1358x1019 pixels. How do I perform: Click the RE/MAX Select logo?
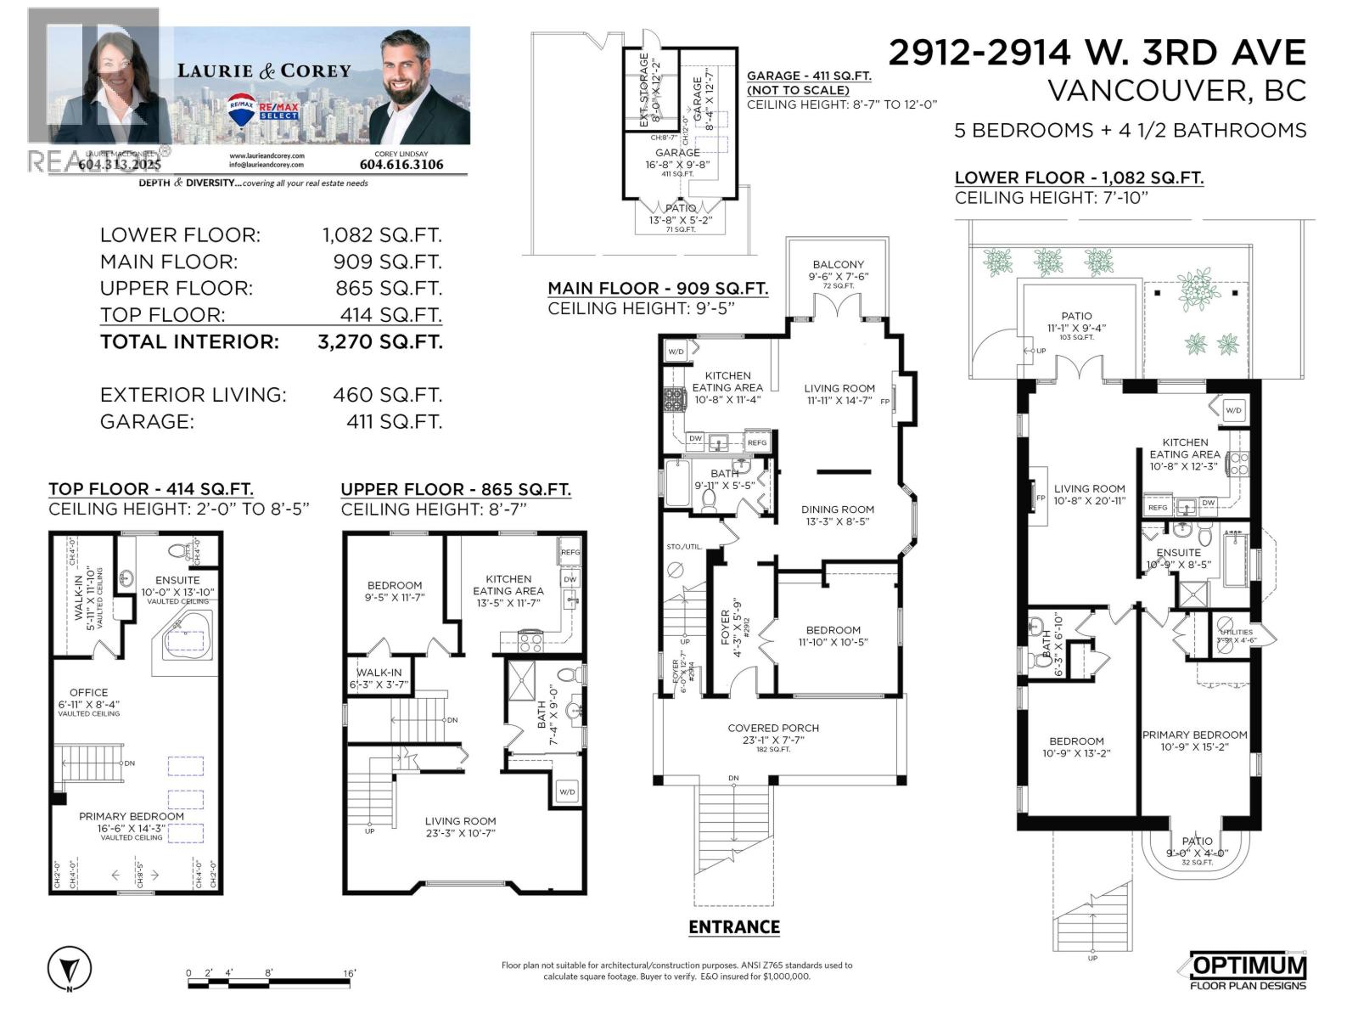[x=263, y=109]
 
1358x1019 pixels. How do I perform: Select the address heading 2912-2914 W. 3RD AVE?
[x=1097, y=53]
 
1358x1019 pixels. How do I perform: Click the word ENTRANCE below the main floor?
[x=734, y=926]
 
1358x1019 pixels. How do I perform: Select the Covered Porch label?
[x=773, y=728]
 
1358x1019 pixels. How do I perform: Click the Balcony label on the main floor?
[x=839, y=265]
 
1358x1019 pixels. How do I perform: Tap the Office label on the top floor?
[x=89, y=692]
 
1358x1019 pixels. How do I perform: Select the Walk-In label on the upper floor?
[x=379, y=673]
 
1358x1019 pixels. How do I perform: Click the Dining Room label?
[x=838, y=509]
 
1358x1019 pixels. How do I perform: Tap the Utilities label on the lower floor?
[x=1235, y=632]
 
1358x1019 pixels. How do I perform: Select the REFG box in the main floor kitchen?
[x=757, y=442]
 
